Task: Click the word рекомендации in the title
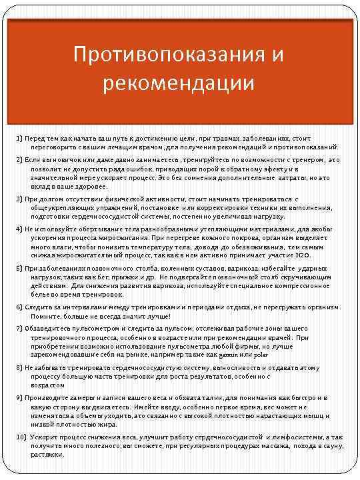[179, 83]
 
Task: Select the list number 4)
[20, 228]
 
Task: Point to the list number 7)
[20, 329]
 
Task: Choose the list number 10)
[21, 435]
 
